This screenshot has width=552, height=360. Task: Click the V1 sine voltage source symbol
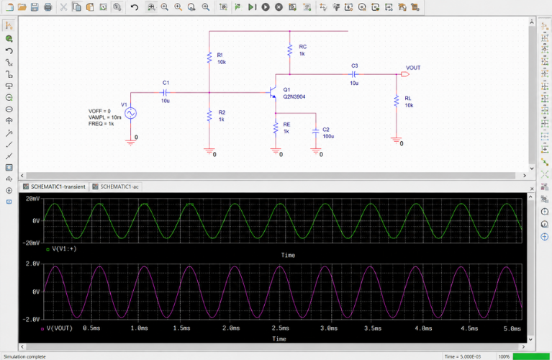pos(130,114)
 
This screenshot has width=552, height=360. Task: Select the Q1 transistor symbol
pos(273,93)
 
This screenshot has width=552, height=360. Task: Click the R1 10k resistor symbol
pos(209,58)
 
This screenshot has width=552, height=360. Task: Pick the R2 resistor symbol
pos(209,115)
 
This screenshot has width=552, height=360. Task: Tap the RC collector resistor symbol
pos(290,50)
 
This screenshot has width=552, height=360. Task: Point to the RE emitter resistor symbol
pos(276,128)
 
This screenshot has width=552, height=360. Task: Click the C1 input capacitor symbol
pos(165,93)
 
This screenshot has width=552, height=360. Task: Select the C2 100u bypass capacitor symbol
pos(316,131)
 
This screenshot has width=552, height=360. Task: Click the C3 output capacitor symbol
pos(354,74)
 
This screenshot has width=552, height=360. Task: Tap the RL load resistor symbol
pos(397,101)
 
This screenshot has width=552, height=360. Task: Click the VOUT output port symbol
pos(405,74)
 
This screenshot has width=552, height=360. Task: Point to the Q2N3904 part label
pos(294,96)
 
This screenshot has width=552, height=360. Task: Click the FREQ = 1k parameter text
pos(101,124)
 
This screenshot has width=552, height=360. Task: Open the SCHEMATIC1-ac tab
pos(116,186)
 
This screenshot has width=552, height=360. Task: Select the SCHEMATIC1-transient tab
pos(55,186)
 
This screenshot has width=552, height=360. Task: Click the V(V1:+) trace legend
pos(61,248)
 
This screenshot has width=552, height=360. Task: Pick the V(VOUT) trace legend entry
pos(57,328)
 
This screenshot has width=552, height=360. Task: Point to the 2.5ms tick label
pos(280,328)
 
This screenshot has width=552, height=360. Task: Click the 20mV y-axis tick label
pos(32,199)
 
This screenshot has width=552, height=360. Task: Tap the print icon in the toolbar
pos(48,7)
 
